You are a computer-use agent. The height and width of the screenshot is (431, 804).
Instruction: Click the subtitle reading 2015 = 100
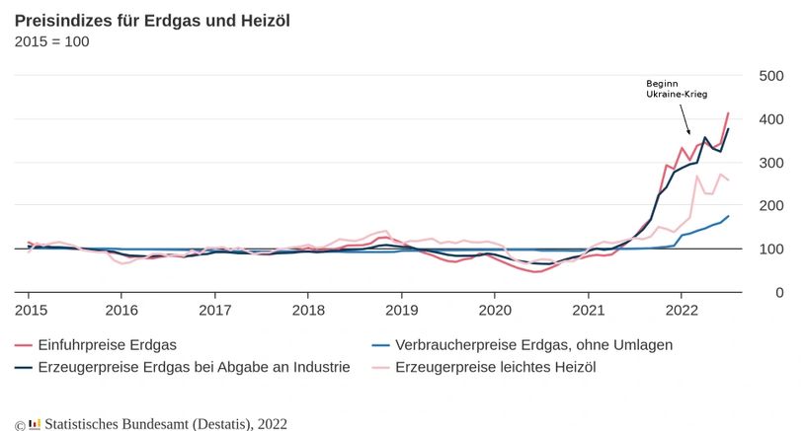point(51,41)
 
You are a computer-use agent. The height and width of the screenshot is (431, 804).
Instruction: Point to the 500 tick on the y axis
point(770,76)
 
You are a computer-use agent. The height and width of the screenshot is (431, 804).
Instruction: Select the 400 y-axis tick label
point(770,119)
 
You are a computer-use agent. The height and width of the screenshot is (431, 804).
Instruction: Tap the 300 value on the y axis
point(770,163)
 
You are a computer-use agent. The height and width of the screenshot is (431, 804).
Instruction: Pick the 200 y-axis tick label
point(770,206)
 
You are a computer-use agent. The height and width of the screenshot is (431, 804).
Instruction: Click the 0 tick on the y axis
point(777,293)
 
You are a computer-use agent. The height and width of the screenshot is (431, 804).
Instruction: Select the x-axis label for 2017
point(214,311)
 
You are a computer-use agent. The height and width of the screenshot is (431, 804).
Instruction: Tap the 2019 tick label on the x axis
point(401,311)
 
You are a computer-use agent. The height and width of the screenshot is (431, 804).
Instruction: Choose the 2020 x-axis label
point(494,311)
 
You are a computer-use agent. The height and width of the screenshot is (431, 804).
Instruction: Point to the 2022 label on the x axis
point(681,311)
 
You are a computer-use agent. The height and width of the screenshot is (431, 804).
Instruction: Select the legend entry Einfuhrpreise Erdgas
point(107,345)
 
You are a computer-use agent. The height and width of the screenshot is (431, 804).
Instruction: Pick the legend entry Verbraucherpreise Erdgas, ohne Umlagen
point(533,345)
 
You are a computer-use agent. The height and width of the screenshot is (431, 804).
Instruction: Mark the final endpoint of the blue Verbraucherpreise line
point(728,216)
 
